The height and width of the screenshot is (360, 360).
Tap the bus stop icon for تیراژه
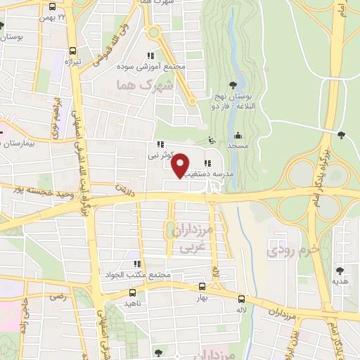tap(73, 51)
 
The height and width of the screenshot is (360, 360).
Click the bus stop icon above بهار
tap(203, 286)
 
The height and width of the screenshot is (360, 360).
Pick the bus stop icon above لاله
tap(241, 297)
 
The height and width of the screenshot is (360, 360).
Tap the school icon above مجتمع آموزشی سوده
tap(150, 56)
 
